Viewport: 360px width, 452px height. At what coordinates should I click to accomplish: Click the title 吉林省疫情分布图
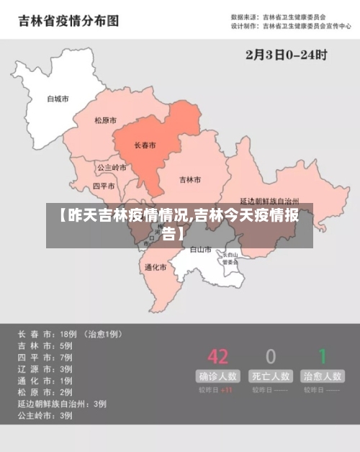68,21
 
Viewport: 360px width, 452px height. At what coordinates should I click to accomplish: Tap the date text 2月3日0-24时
286,54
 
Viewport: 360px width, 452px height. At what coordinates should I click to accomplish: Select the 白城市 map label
58,99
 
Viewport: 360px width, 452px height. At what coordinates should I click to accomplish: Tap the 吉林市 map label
190,179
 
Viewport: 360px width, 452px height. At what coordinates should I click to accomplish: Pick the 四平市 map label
104,186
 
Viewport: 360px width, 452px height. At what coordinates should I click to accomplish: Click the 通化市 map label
155,267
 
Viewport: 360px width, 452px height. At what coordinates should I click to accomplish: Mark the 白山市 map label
200,250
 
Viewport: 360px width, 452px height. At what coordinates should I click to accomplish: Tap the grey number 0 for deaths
271,356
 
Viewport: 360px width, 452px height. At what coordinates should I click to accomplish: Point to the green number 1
323,356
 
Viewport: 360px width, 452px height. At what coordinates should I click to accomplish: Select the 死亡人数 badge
271,376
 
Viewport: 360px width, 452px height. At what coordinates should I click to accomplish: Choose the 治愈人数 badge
323,376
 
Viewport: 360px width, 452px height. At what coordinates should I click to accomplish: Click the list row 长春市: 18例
70,334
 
